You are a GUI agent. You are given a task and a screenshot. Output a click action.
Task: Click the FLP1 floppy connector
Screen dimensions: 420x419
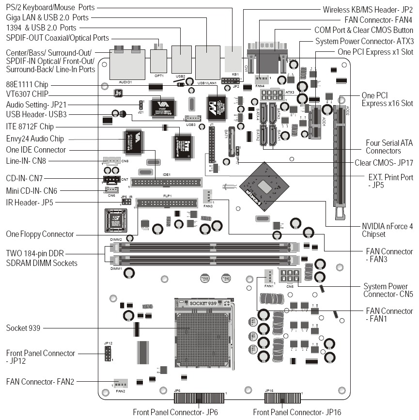[167, 202]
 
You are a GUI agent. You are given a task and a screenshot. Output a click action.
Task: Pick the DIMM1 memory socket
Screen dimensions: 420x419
[203, 260]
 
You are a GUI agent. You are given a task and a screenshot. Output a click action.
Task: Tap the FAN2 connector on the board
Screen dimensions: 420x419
[120, 382]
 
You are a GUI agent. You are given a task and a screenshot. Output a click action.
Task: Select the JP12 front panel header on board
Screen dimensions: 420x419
[109, 354]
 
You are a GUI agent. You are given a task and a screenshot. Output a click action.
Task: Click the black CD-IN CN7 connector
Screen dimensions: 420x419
[111, 180]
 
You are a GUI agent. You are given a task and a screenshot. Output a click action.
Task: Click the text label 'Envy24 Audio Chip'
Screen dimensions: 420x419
[36, 139]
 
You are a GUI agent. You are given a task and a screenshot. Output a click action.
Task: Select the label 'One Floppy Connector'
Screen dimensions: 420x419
[40, 234]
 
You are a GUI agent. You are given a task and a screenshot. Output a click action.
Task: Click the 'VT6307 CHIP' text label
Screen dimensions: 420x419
[27, 93]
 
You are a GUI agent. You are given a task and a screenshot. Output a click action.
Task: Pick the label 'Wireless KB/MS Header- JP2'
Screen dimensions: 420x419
[368, 9]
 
